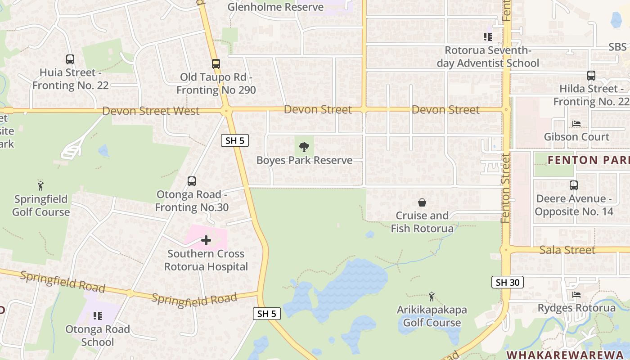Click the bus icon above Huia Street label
coord(70,59)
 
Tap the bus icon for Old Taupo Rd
coord(216,64)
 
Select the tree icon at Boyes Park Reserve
coord(304,147)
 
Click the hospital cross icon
coord(206,240)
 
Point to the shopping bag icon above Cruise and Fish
coord(422,202)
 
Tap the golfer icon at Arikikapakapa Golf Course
coord(432,297)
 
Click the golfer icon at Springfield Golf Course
coord(41,185)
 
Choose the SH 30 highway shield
coord(507,282)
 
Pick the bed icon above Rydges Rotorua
coord(576,295)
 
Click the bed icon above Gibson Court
coord(576,123)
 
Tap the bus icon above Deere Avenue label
coord(573,185)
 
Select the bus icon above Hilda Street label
coord(591,76)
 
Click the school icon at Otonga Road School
coord(98,316)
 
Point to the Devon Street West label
coord(151,111)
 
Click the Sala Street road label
coord(567,250)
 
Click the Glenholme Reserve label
coord(275,7)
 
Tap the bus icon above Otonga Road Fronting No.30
coord(192,181)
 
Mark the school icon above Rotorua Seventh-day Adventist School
coord(488,37)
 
